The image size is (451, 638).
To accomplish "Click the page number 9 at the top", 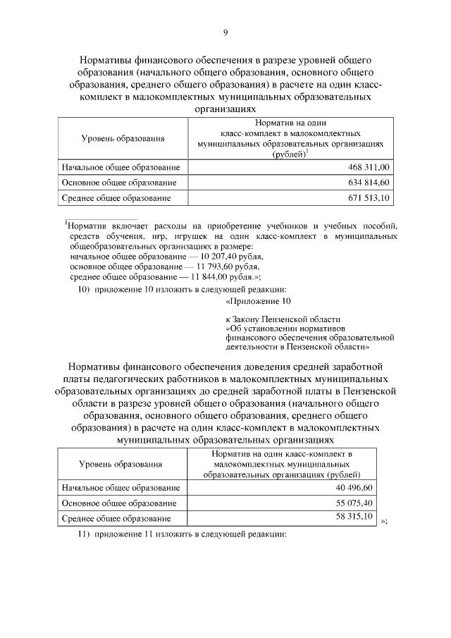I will (x=225, y=32).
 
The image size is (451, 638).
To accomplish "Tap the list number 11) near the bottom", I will (x=83, y=534).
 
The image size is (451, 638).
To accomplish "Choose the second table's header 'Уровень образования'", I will (x=121, y=464).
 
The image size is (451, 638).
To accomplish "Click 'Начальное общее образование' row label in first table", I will (x=121, y=167).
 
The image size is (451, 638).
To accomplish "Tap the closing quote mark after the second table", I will (x=384, y=521).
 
